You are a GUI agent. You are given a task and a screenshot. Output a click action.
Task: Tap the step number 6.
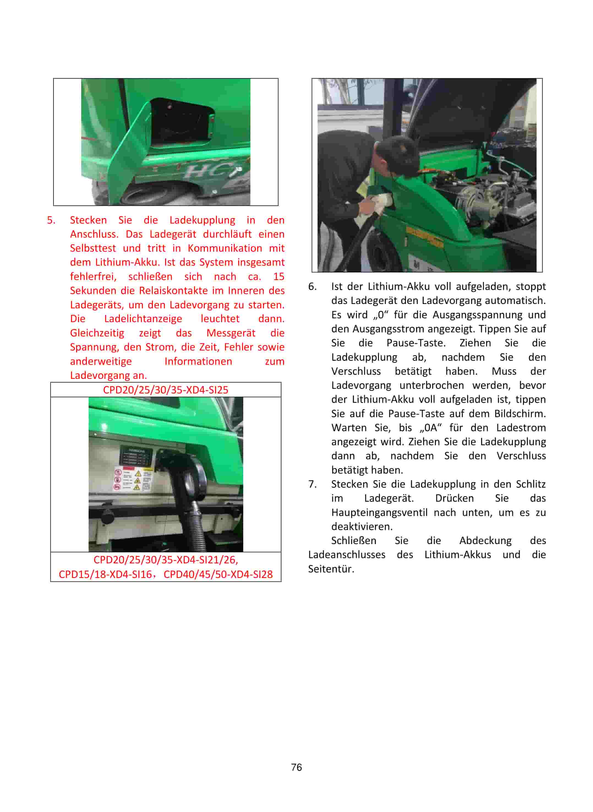[x=312, y=287]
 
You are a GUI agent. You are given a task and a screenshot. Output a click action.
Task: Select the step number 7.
[x=312, y=484]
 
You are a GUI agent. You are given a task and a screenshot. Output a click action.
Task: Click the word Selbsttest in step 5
[x=93, y=248]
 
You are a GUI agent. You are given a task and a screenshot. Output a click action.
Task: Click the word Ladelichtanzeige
[x=143, y=319]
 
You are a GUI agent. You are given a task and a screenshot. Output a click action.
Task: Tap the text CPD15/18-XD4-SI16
[x=105, y=574]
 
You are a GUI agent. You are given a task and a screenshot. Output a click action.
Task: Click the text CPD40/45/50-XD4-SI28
[x=218, y=574]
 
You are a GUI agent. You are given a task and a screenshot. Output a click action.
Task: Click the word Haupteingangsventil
[x=379, y=512]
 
